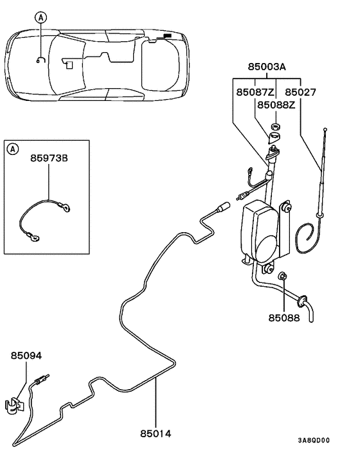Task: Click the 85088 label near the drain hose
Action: pyautogui.click(x=283, y=317)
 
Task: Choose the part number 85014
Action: pyautogui.click(x=155, y=433)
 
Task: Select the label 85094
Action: pyautogui.click(x=26, y=355)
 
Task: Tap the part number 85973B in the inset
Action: pyautogui.click(x=50, y=156)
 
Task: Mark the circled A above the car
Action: pyautogui.click(x=41, y=19)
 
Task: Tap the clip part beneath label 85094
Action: pyautogui.click(x=14, y=405)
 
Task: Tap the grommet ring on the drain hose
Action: pyautogui.click(x=301, y=300)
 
